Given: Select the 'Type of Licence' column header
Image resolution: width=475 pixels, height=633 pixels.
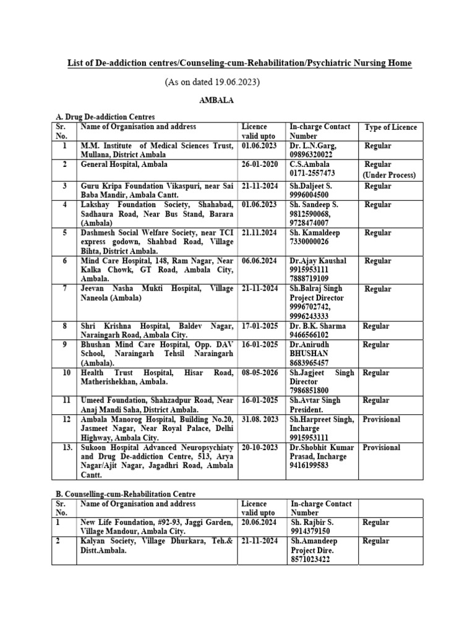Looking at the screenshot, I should (391, 127).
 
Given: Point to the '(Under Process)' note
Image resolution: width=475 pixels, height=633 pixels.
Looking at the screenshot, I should (389, 175).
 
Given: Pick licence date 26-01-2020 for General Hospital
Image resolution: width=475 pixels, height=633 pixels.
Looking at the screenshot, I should (260, 165).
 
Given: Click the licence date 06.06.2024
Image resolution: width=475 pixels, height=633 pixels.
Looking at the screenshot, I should (260, 261).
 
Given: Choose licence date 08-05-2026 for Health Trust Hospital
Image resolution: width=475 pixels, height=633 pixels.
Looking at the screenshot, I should (260, 373).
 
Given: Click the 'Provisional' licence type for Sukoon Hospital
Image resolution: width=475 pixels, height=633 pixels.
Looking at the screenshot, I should (382, 447).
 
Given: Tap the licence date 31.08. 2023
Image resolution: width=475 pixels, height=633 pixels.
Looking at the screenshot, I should (260, 419).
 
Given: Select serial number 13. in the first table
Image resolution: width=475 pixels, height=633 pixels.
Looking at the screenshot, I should (65, 447).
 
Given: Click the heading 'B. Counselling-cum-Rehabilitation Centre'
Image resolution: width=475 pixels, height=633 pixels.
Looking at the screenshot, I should (126, 494).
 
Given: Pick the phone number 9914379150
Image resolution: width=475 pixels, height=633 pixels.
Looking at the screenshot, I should (311, 532).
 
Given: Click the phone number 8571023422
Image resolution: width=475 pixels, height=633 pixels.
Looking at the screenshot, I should (313, 560).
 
